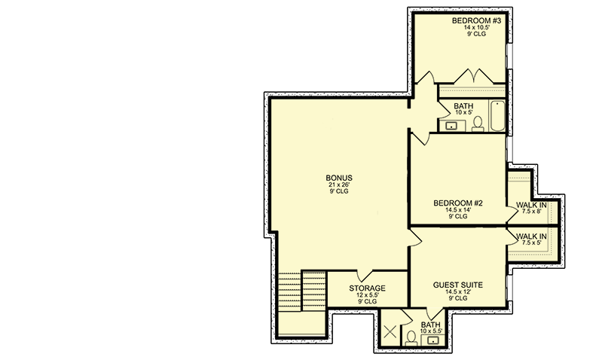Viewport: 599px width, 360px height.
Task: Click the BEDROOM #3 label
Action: pos(476,20)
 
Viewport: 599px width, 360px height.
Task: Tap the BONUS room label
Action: pos(339,178)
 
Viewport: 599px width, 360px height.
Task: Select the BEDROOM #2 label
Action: pos(457,203)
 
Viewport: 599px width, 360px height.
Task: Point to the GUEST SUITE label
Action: pos(457,285)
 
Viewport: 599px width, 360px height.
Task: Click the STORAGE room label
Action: pos(367,288)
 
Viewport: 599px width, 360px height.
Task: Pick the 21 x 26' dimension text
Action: pos(339,185)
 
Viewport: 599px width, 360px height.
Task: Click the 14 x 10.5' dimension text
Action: pos(477,27)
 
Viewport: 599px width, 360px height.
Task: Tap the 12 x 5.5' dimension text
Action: pos(367,295)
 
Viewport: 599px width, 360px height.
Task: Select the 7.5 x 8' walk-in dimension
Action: pos(531,211)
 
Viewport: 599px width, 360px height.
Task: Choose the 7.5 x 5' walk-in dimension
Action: pos(531,243)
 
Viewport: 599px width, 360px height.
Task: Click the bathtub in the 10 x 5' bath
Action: pos(497,116)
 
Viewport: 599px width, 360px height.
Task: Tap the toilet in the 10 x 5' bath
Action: pos(478,124)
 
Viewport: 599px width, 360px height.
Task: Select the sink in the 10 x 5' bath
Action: pos(451,126)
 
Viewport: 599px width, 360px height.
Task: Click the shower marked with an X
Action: pos(390,331)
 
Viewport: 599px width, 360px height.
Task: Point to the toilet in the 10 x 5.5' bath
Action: pos(411,338)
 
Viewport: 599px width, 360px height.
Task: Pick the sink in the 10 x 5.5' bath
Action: pos(432,340)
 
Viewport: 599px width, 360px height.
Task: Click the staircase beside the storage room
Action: pos(302,291)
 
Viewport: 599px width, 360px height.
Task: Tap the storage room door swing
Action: pos(365,276)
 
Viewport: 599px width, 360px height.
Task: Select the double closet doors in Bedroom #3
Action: pos(474,76)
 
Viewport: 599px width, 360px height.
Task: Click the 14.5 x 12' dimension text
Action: pos(457,291)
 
